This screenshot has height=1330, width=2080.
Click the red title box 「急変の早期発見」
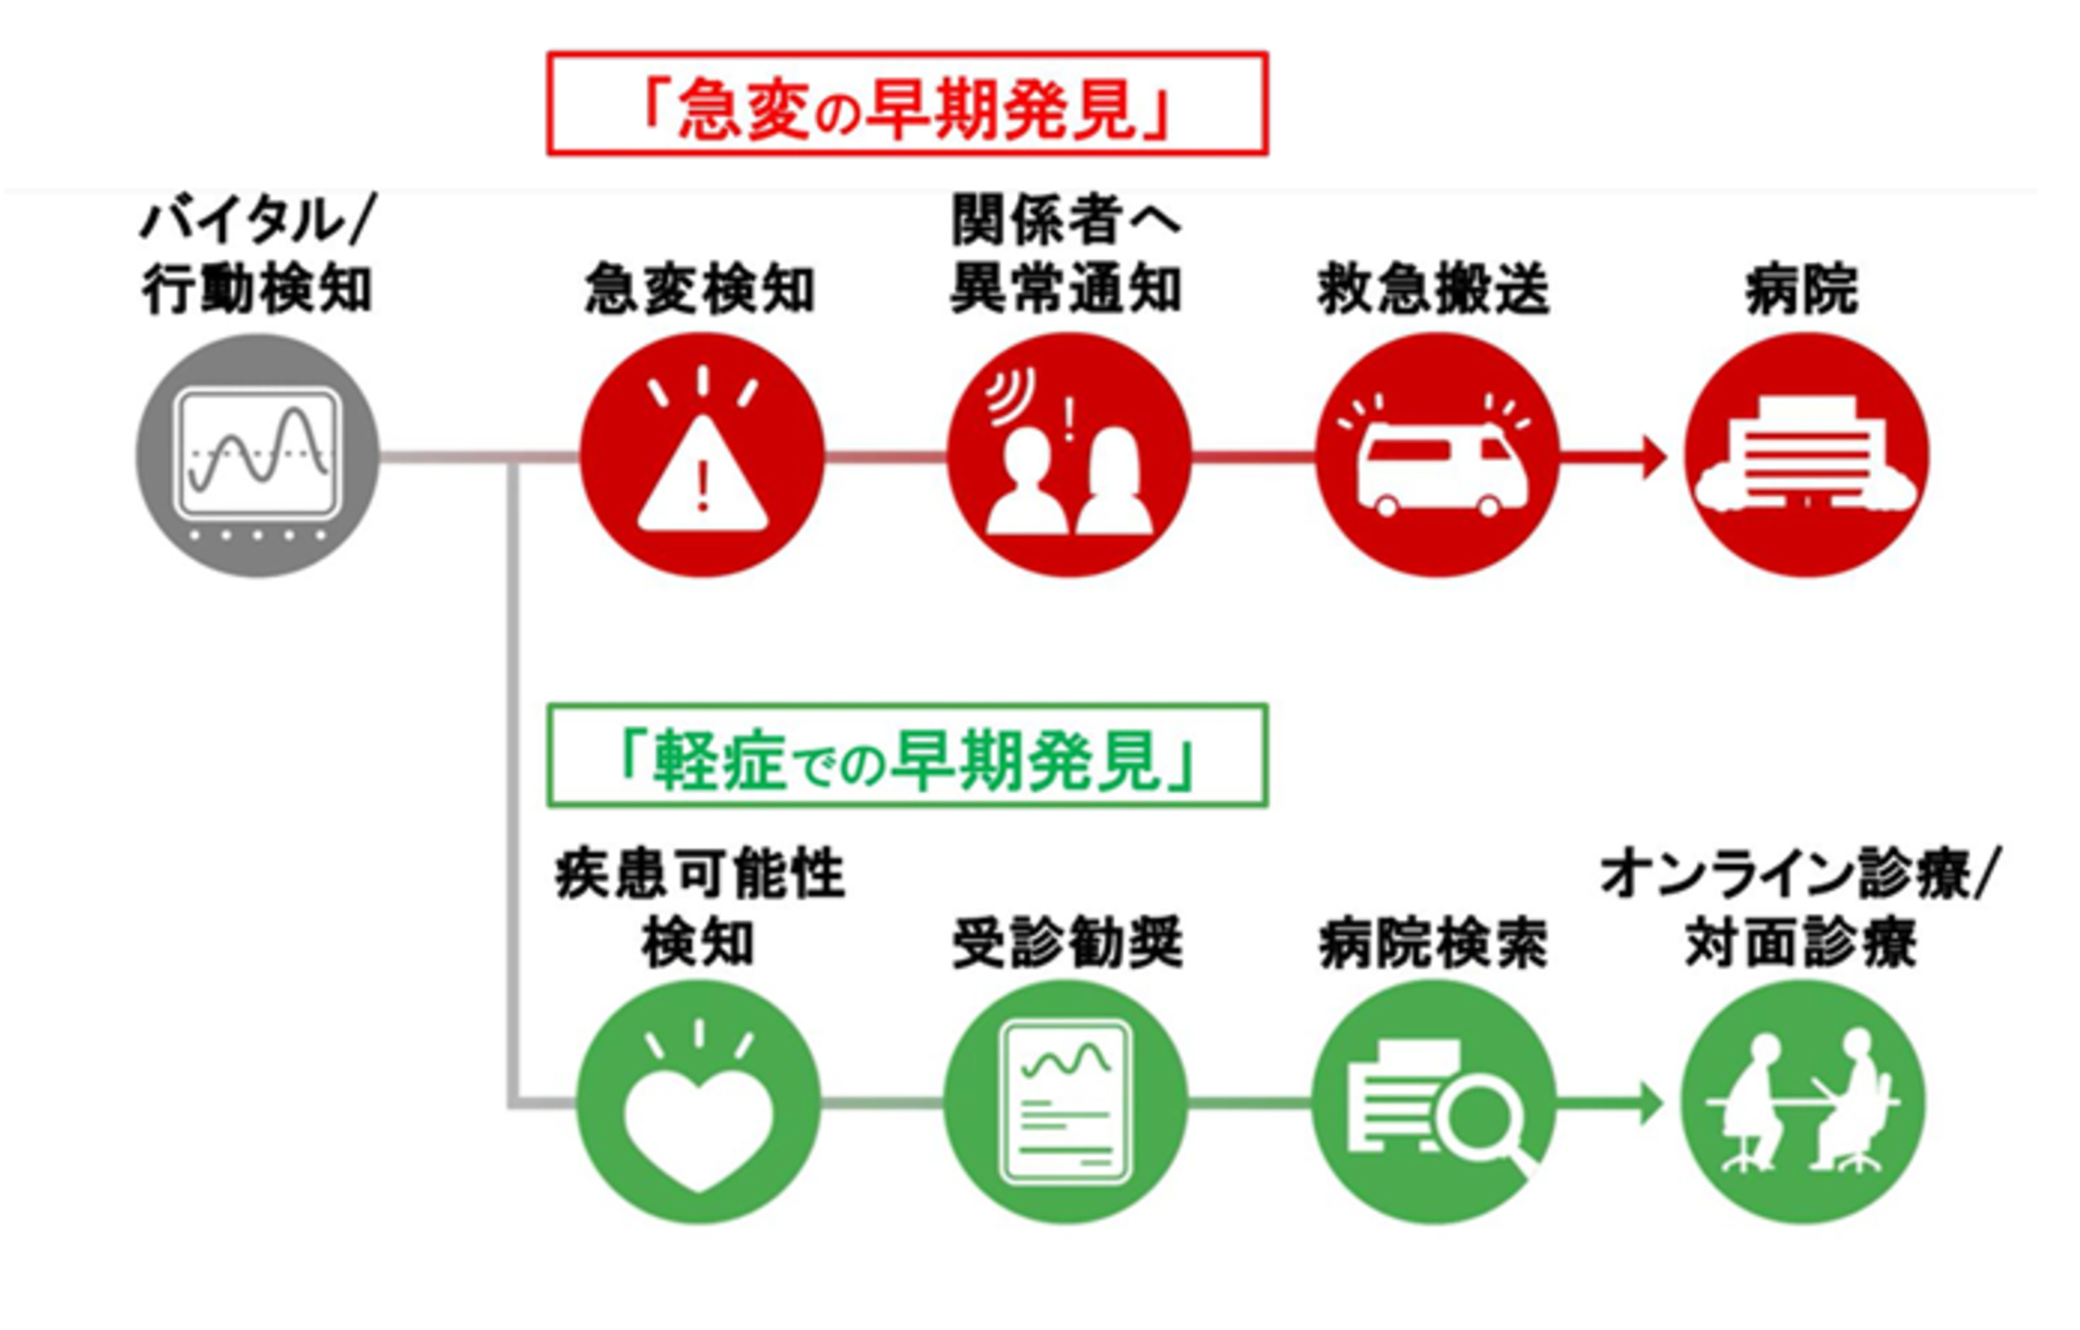907,105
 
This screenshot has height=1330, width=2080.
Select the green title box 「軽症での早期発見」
907,756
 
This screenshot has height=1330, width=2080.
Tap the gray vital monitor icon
258,456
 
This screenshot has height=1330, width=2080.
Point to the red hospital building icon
1805,456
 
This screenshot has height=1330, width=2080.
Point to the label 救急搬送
1434,289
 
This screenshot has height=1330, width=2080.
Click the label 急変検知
700,289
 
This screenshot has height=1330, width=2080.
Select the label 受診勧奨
1067,944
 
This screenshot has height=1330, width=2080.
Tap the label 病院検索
1434,944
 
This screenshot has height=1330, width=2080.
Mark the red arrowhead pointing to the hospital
1652,457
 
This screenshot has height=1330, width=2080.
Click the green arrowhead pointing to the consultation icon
1649,1104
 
